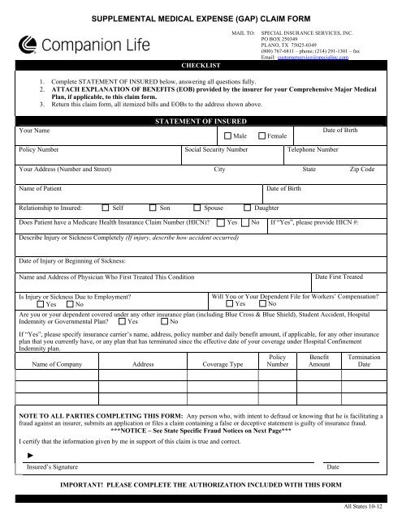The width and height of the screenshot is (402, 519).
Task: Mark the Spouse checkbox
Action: point(198,208)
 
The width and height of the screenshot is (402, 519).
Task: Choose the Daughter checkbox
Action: point(247,208)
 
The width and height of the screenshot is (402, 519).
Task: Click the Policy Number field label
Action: point(42,149)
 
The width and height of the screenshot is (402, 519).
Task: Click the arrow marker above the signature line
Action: point(28,456)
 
